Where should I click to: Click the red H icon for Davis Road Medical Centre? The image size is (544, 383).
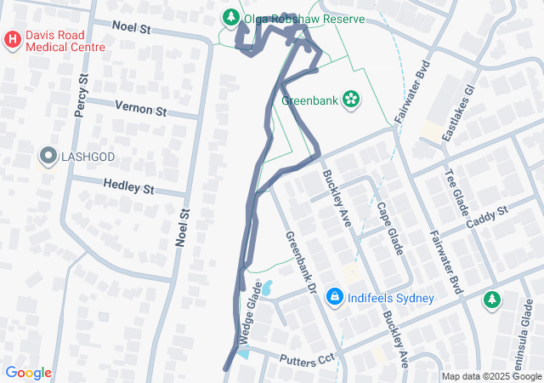12,39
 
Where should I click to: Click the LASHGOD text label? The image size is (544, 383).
87,157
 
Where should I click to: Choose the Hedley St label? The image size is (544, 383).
128,186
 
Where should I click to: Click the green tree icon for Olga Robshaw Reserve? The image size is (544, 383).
230,17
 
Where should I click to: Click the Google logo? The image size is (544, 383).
28,373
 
